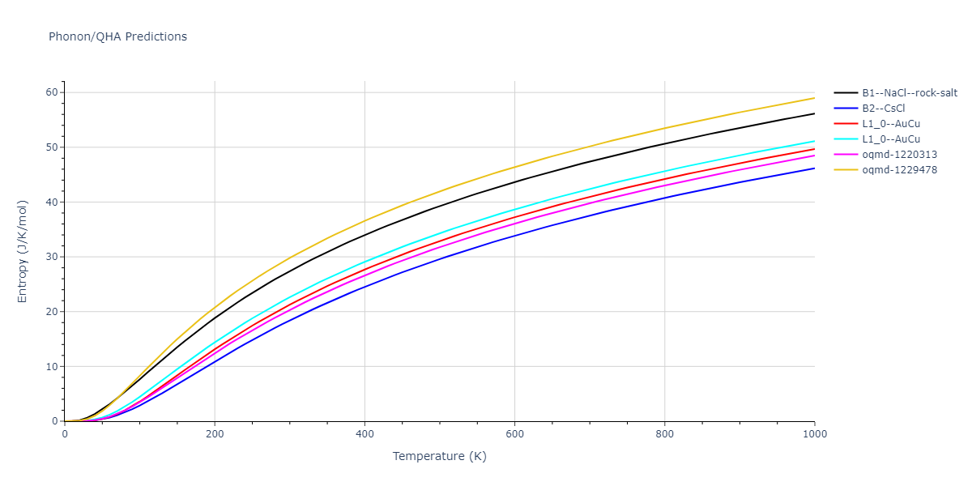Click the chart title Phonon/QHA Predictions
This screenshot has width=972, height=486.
click(117, 36)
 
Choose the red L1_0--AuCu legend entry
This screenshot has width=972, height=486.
click(891, 124)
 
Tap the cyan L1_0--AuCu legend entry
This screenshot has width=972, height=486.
click(891, 139)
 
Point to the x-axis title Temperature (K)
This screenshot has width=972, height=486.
click(440, 456)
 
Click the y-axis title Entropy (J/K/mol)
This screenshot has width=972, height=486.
click(23, 251)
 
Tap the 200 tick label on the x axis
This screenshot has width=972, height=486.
click(215, 434)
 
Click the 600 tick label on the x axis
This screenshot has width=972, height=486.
click(514, 434)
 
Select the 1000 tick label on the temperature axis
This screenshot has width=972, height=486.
click(814, 434)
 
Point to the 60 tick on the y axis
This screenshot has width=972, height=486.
click(52, 92)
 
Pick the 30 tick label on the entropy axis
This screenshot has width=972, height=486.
click(52, 257)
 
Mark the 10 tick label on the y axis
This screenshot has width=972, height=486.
click(52, 366)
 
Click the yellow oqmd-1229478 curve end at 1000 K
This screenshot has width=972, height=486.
click(814, 98)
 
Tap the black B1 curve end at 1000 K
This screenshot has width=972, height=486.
click(814, 113)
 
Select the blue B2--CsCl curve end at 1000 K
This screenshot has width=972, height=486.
click(814, 168)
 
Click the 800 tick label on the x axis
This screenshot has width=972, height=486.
click(664, 434)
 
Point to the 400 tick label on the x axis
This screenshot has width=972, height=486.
click(364, 434)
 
